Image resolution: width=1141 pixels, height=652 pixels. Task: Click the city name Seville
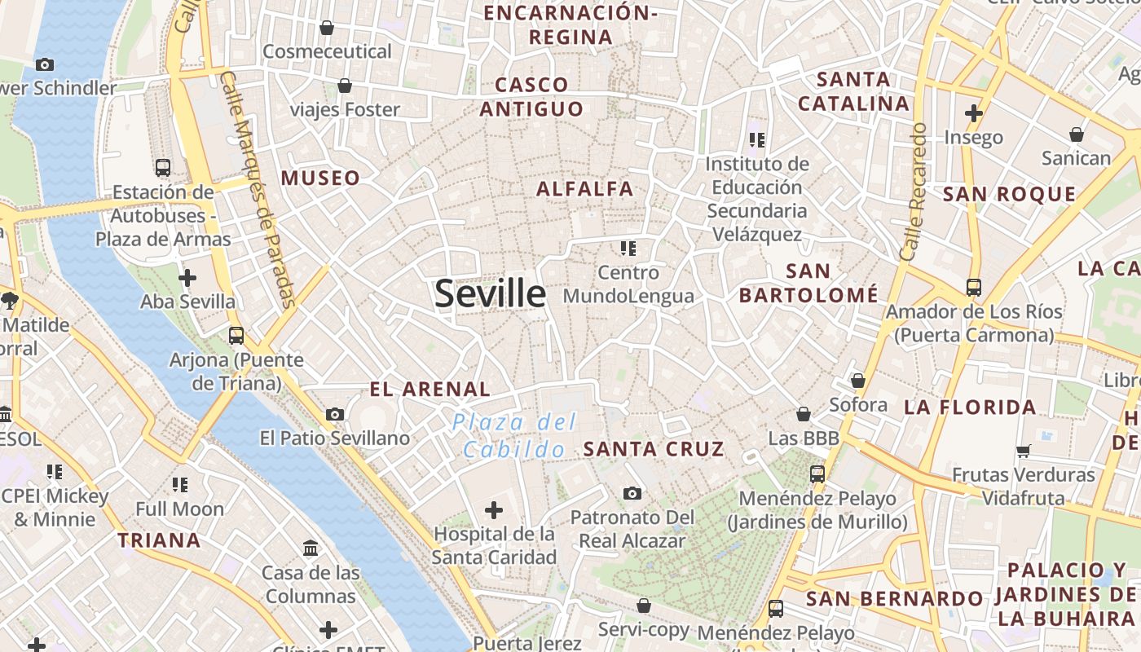click(x=490, y=293)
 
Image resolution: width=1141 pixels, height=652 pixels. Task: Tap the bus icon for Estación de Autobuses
click(x=163, y=168)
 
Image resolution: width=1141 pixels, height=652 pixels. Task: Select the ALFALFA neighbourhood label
click(x=584, y=189)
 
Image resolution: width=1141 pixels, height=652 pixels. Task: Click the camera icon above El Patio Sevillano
click(x=334, y=415)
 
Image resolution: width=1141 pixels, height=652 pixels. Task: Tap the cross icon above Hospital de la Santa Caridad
click(x=494, y=510)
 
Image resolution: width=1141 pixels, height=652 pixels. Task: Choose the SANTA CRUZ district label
click(x=654, y=449)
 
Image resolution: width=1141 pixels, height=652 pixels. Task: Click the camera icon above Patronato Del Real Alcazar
click(x=632, y=493)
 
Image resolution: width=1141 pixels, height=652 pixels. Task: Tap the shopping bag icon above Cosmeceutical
click(x=327, y=28)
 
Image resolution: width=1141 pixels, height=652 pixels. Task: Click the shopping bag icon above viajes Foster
click(x=345, y=86)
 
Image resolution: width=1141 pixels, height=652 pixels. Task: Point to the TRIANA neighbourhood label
click(x=159, y=540)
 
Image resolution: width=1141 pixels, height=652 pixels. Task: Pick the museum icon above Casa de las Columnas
click(x=311, y=548)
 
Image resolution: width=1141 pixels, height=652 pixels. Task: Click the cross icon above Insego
click(x=973, y=112)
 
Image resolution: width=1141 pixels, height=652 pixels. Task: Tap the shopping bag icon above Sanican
click(x=1077, y=134)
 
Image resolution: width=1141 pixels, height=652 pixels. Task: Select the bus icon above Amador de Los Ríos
click(x=973, y=288)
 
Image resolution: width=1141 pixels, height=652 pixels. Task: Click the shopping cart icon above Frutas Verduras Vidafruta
click(x=1024, y=451)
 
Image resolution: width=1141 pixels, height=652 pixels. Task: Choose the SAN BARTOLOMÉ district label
click(x=808, y=283)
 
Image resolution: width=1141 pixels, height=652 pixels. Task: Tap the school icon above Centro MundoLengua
click(x=628, y=248)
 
